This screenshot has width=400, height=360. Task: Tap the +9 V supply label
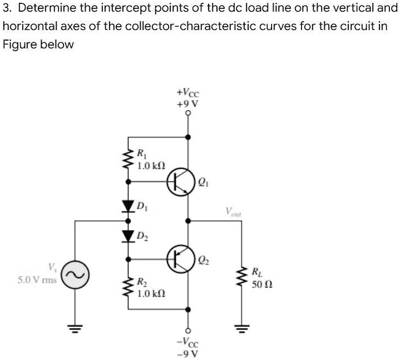(x=187, y=103)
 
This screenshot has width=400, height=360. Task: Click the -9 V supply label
(x=187, y=354)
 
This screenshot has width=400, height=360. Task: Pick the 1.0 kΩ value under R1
(x=151, y=165)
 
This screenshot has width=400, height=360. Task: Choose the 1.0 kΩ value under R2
(x=151, y=292)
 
